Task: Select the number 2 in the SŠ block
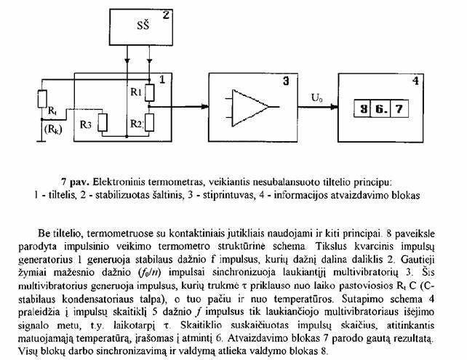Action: pos(166,15)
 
